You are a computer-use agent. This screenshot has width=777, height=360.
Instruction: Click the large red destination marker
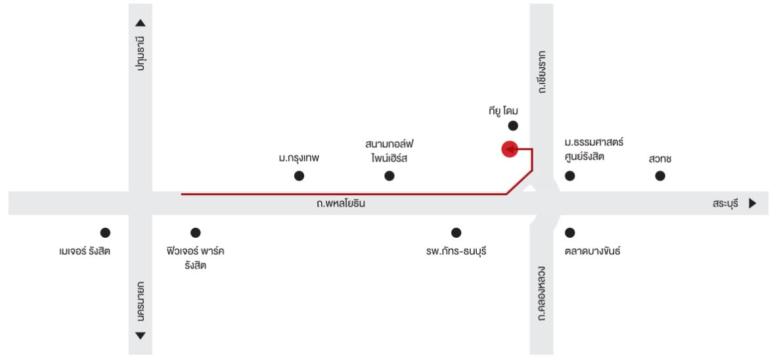[x=510, y=148]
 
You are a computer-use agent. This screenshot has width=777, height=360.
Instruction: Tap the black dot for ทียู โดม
[x=513, y=125]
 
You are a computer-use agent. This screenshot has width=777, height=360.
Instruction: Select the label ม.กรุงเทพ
[x=298, y=160]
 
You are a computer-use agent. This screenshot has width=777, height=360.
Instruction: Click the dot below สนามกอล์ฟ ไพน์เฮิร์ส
[x=389, y=175]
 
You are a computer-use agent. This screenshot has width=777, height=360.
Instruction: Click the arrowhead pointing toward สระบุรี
[x=753, y=203]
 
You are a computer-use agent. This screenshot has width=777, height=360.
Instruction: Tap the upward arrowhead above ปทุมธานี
[x=141, y=23]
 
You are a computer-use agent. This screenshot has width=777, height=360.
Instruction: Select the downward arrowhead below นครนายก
[x=141, y=336]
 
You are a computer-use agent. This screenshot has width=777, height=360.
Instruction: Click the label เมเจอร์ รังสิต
[x=84, y=252]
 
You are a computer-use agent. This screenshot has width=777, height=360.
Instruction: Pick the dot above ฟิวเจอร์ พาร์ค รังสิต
[x=196, y=233]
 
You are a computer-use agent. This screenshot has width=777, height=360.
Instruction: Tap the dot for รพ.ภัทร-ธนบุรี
[x=456, y=233]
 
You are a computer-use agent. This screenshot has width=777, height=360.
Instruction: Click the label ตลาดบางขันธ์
[x=592, y=252]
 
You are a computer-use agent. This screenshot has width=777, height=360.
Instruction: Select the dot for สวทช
[x=660, y=175]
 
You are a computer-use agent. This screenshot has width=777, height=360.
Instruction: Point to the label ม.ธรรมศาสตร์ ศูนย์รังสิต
[x=594, y=150]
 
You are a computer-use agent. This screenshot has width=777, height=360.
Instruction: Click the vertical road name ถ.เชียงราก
[x=542, y=72]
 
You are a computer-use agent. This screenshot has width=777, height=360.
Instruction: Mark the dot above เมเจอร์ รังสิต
[x=105, y=233]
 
